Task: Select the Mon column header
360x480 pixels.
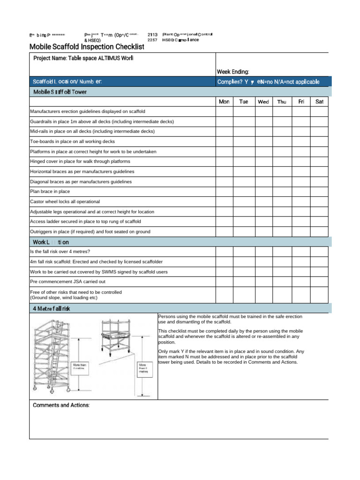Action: pos(224,102)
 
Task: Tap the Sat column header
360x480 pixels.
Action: pos(319,102)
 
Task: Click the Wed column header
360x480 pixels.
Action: pos(263,102)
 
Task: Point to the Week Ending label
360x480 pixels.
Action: pos(233,72)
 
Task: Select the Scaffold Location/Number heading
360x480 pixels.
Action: pos(67,82)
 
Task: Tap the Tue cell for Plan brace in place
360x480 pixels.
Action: pos(243,192)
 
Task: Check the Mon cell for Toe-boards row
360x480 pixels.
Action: pos(224,142)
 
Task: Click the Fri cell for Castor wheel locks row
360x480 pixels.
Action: pos(301,202)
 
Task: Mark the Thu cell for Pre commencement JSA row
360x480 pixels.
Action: pos(282,282)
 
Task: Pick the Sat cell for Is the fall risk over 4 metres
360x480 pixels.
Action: pos(319,252)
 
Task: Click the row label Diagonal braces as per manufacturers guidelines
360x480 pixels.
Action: pos(81,182)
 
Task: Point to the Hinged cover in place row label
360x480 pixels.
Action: pos(74,162)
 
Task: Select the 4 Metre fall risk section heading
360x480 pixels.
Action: pos(52,308)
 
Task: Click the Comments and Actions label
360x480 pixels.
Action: pos(61,405)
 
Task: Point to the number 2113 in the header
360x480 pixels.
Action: pos(152,35)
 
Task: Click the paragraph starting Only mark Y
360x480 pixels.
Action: pos(231,357)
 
